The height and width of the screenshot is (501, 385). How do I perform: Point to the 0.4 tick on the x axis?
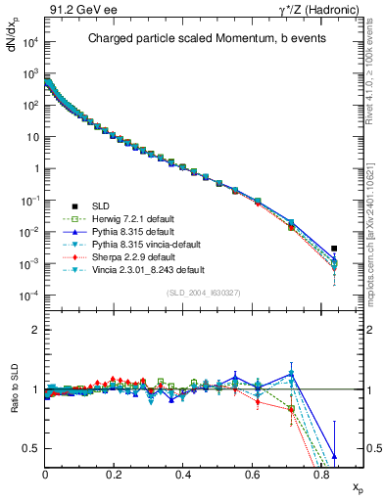183,474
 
